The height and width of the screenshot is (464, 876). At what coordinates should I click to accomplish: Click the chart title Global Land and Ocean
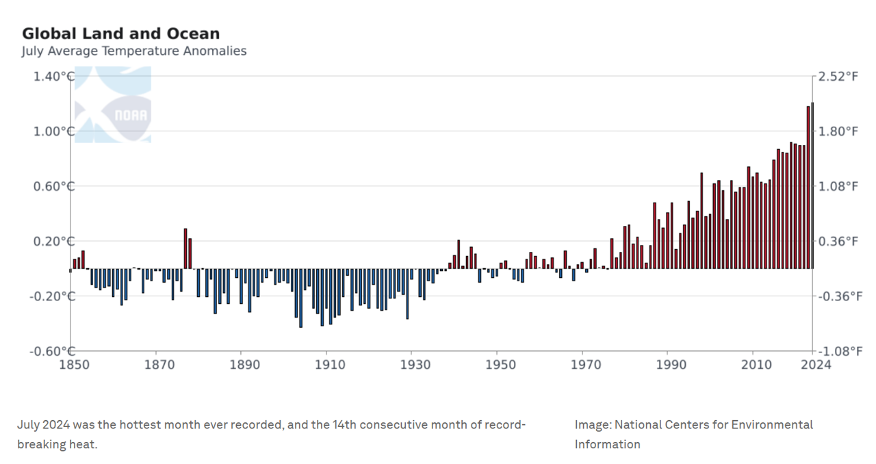tap(120, 34)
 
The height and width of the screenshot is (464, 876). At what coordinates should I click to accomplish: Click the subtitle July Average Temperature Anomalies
tap(133, 51)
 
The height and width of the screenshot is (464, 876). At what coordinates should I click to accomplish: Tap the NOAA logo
tap(113, 105)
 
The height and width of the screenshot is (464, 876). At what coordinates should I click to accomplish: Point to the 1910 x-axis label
tap(327, 365)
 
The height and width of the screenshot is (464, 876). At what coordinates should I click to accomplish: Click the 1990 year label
tap(668, 365)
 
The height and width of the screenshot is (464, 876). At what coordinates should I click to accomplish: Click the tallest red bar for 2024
tap(812, 185)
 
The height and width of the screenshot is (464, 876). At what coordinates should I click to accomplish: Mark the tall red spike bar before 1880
tap(185, 248)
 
